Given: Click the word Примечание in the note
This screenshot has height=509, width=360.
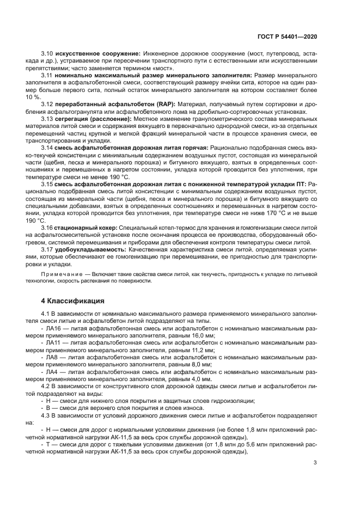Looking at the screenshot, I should point(59,274).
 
